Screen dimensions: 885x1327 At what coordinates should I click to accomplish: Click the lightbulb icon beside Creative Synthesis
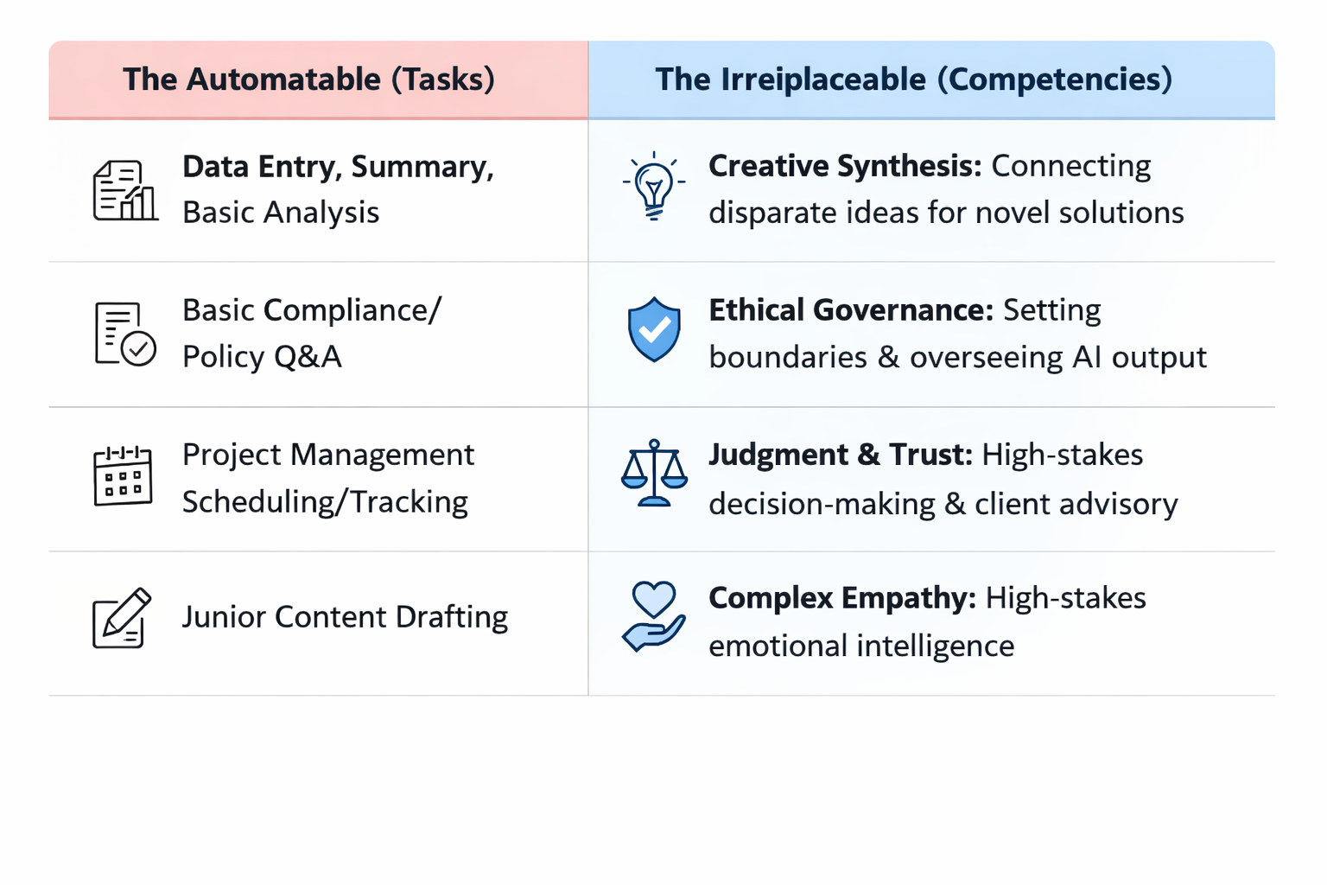(x=654, y=186)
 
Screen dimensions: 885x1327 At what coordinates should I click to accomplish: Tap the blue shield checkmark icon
(x=654, y=329)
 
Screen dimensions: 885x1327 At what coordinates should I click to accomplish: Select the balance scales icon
(x=654, y=473)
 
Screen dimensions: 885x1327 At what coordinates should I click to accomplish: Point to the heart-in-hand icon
(x=654, y=616)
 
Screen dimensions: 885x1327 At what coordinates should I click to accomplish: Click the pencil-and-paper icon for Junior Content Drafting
(x=122, y=618)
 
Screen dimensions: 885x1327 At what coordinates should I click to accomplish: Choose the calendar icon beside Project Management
(x=123, y=475)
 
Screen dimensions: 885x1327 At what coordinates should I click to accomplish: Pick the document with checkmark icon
(x=124, y=334)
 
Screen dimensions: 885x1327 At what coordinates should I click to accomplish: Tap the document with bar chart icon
(x=124, y=190)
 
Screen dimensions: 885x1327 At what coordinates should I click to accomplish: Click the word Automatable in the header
(x=283, y=80)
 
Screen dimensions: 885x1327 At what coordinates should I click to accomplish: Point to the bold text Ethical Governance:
(x=850, y=310)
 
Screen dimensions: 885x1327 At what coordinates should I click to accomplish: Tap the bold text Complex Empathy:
(x=841, y=598)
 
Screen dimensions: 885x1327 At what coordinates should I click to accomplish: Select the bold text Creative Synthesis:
(x=844, y=166)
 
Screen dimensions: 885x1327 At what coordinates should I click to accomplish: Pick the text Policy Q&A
(x=262, y=357)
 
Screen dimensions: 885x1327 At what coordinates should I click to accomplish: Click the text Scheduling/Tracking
(x=325, y=502)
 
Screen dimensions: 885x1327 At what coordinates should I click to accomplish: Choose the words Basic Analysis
(x=281, y=213)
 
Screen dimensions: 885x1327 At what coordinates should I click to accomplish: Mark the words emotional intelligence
(x=861, y=646)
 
